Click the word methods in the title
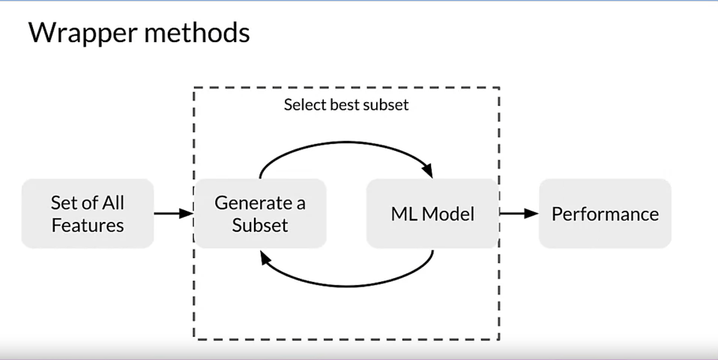point(198,33)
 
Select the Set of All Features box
point(88,214)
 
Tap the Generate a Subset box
point(260,214)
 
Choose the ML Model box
point(432,214)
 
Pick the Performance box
point(605,214)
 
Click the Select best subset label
point(346,105)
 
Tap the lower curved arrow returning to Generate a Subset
point(346,284)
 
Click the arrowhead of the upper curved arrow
point(430,171)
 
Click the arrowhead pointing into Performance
point(532,214)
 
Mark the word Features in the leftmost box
point(88,225)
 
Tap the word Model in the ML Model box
point(447,214)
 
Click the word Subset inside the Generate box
point(260,225)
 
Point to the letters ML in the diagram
point(403,214)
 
